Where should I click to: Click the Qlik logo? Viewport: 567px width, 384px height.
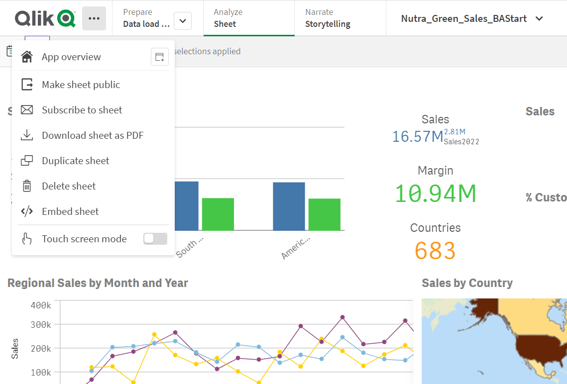(45, 18)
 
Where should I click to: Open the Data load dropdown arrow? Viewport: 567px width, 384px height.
(183, 21)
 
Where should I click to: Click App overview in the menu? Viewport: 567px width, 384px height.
(71, 57)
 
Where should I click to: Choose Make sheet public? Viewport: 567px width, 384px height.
(81, 85)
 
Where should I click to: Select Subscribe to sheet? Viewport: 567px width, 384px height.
(82, 110)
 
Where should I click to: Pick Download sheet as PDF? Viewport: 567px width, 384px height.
(93, 136)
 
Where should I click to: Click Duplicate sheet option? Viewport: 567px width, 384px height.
(75, 161)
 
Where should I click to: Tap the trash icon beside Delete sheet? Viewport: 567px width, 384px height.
(27, 187)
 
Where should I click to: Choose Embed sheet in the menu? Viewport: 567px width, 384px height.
(70, 212)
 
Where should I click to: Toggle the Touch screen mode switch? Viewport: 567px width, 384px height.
(155, 239)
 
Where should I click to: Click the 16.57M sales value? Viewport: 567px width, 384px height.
(417, 136)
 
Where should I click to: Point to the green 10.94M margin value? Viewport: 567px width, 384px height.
(435, 193)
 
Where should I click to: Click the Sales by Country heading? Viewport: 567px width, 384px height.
(467, 284)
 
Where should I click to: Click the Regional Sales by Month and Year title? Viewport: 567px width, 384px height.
(98, 284)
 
